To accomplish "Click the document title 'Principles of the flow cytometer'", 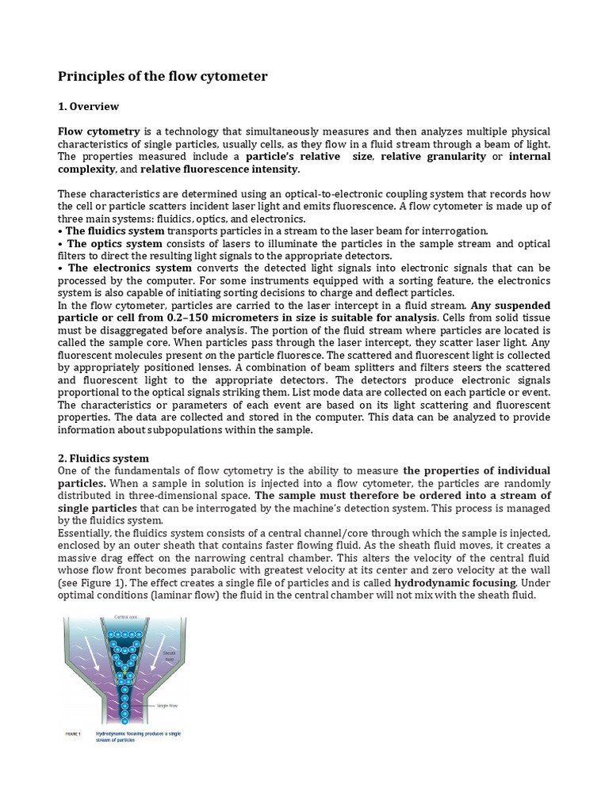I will pos(163,77).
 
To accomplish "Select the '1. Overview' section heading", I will pos(89,106).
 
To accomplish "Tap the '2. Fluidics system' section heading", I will pos(103,459).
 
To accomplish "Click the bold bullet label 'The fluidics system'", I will pos(114,230).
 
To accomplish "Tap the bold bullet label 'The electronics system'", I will pos(129,268).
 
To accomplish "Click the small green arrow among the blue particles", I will pos(124,671).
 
